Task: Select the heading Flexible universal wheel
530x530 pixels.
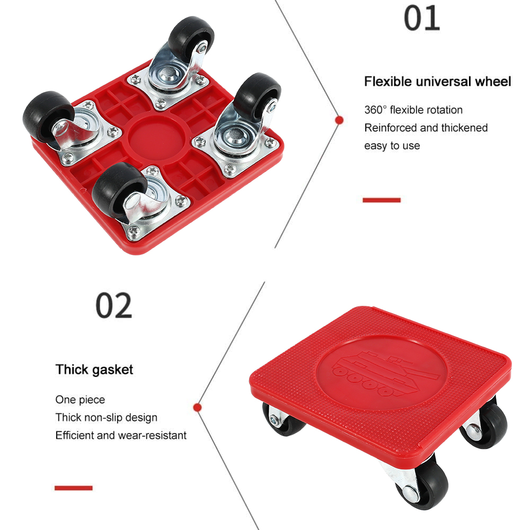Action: [x=437, y=82]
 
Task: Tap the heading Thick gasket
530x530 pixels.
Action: [x=94, y=369]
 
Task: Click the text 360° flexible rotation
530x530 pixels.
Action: [x=413, y=110]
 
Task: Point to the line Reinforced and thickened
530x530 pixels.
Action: [x=426, y=128]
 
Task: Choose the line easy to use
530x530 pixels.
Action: [x=392, y=146]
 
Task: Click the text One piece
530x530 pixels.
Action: [x=80, y=400]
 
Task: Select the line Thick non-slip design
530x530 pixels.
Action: [x=106, y=418]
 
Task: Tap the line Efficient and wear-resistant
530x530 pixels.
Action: [x=121, y=436]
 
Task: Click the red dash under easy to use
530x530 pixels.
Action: [x=382, y=200]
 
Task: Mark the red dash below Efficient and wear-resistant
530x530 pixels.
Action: [x=74, y=488]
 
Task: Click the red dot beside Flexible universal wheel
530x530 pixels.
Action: [x=339, y=120]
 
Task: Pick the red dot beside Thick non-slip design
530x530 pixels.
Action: [x=198, y=407]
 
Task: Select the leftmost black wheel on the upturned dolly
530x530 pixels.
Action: [x=46, y=114]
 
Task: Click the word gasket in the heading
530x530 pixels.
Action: [x=113, y=369]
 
